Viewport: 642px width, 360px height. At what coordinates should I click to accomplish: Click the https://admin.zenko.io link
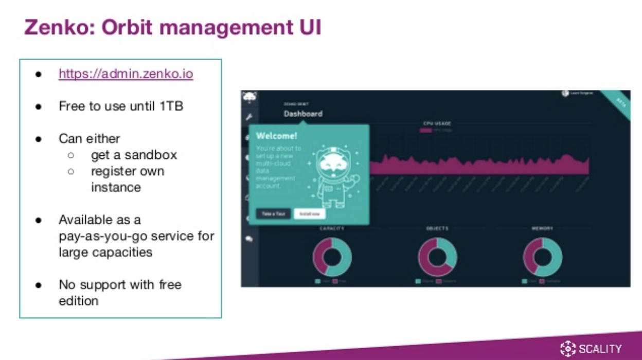[126, 74]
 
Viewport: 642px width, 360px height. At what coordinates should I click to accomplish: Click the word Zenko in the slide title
[58, 27]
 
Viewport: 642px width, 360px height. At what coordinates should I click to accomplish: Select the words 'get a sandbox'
[134, 155]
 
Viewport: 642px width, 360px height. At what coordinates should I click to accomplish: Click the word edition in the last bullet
[78, 301]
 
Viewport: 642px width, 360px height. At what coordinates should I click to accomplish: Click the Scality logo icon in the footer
[567, 348]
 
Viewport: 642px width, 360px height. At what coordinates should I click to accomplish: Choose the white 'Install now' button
[310, 214]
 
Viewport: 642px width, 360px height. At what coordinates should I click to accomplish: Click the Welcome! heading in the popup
[277, 136]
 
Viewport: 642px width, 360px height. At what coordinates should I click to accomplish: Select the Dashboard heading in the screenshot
[303, 114]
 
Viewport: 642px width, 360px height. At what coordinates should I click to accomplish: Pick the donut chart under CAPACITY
[332, 257]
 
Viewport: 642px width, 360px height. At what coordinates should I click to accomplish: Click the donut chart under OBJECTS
[437, 257]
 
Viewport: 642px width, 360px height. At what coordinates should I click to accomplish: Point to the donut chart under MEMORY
[542, 257]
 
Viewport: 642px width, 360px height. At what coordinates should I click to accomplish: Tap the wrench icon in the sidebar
[249, 118]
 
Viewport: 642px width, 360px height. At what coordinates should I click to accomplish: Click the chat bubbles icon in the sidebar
[249, 239]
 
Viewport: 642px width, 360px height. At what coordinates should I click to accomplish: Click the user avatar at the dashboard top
[565, 93]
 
